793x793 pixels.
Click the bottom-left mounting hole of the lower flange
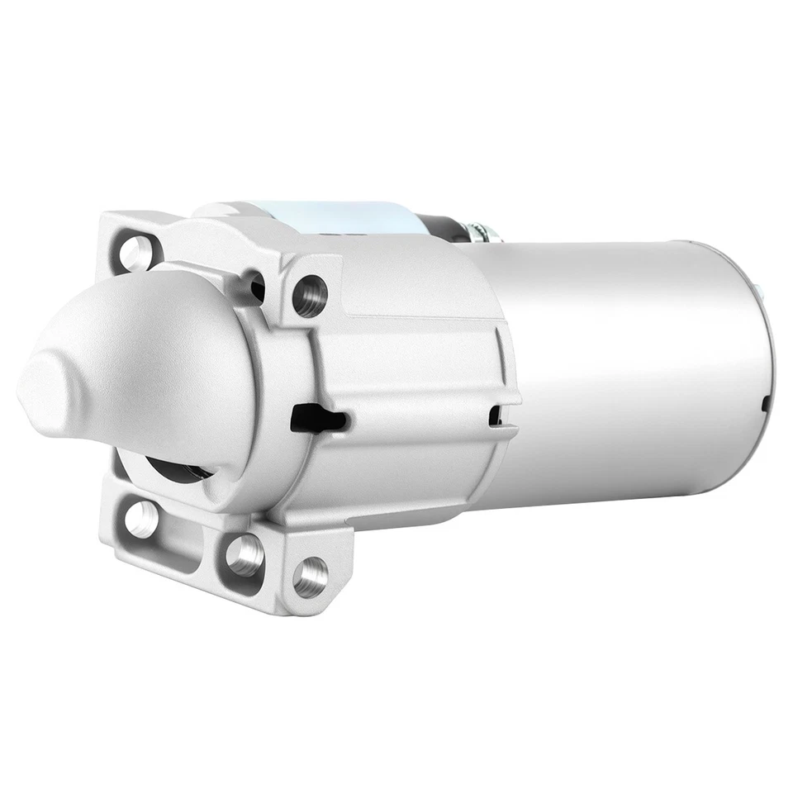point(142,518)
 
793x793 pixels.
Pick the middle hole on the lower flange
point(245,554)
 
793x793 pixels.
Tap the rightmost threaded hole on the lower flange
point(311,576)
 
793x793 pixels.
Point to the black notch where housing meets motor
point(496,415)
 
